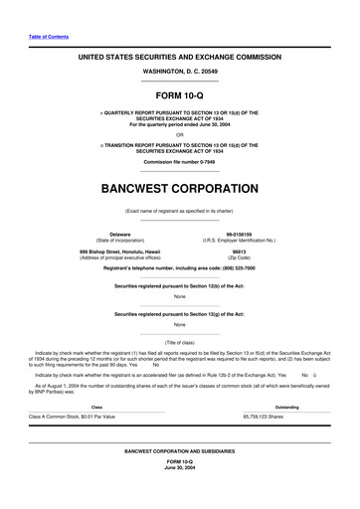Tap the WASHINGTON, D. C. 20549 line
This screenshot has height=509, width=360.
pos(179,74)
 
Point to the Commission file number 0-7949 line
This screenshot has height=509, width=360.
pos(180,161)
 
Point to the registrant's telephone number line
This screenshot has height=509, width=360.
pos(179,268)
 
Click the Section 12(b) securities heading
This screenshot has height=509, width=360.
pos(179,286)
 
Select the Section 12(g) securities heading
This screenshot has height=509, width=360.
pos(179,314)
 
